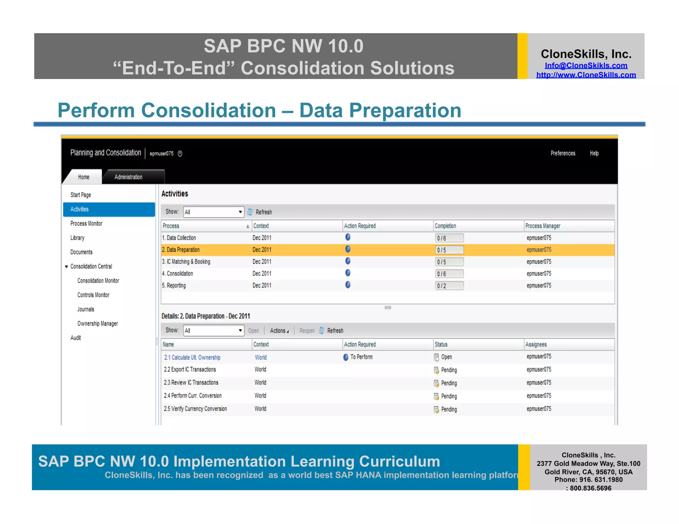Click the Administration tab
128,177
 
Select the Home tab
84,177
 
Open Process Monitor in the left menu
86,224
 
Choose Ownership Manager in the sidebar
97,324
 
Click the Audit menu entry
76,338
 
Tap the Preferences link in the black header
563,153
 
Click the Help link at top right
594,153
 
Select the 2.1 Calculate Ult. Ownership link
192,357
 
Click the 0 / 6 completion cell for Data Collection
449,238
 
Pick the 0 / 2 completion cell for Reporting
449,286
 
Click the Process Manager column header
543,226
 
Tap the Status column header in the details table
441,344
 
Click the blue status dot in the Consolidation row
348,273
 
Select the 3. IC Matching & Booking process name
186,262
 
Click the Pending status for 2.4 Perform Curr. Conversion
449,396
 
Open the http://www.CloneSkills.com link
586,75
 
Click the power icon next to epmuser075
180,153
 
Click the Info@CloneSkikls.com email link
586,66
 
